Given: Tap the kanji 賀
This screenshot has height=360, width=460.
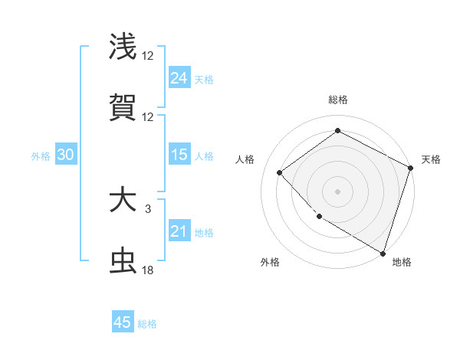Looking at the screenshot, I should (x=123, y=108).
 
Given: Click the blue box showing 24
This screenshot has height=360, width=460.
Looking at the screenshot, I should (x=179, y=77).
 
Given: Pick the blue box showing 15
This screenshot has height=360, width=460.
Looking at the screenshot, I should (x=179, y=155).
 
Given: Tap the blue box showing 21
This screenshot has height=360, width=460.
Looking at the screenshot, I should (x=179, y=231).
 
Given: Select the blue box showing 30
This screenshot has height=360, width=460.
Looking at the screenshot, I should (x=66, y=155).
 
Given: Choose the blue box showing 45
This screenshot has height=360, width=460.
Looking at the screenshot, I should (x=123, y=322).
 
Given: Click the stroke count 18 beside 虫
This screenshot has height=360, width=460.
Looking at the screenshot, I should (x=148, y=270).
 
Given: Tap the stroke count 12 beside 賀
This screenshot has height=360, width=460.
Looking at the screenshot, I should (x=148, y=117).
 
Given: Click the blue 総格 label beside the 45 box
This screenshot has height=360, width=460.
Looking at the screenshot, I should (x=148, y=324).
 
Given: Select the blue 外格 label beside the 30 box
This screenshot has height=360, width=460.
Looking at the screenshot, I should (x=41, y=155).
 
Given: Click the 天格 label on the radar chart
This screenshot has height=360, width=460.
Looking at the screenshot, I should (x=431, y=159).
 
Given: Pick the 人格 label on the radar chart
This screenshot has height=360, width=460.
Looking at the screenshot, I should (x=245, y=159).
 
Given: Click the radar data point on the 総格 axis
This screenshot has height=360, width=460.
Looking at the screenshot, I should (x=337, y=131).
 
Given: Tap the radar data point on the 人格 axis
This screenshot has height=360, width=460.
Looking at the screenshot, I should (x=280, y=172).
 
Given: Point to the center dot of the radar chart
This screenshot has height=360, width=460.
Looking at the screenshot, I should (x=337, y=191).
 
